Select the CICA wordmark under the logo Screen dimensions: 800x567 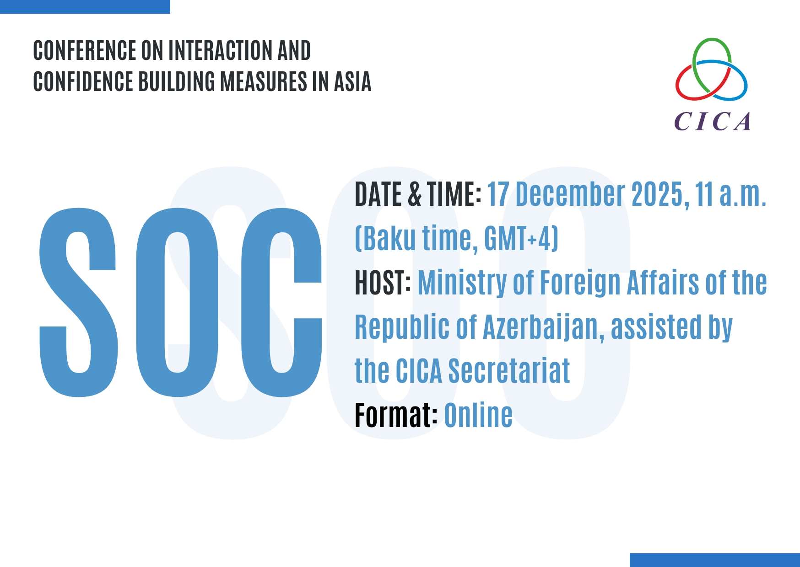[712, 122]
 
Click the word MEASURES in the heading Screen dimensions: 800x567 [263, 81]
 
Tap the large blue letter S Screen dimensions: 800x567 [78, 302]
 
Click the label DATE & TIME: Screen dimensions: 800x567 [418, 194]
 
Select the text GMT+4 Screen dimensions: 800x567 [519, 238]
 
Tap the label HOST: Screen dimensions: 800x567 [383, 283]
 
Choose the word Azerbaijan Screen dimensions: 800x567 [543, 328]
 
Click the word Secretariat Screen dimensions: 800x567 [509, 371]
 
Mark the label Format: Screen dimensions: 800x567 [396, 415]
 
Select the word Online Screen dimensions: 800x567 [478, 415]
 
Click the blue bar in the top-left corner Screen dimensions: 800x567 [85, 7]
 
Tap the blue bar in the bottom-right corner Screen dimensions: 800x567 [715, 560]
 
